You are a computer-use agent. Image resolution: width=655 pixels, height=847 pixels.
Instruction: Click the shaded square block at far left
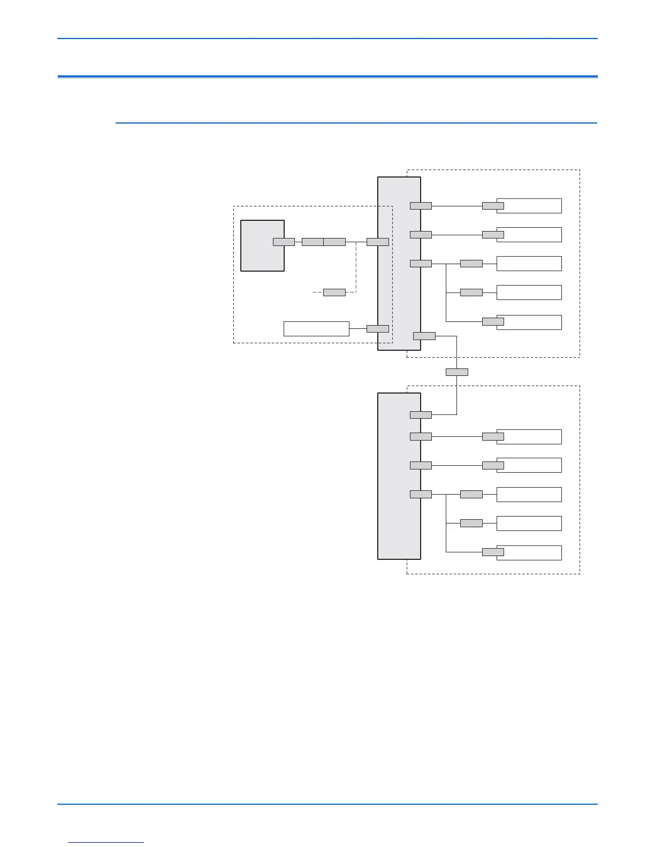(262, 245)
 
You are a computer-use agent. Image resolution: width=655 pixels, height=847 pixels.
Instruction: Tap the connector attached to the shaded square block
(284, 242)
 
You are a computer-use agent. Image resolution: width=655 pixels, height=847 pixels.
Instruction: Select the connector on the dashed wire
(334, 292)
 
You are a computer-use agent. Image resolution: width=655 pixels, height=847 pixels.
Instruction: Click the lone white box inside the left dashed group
(316, 328)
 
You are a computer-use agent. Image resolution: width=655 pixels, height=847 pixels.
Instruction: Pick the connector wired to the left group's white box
(377, 328)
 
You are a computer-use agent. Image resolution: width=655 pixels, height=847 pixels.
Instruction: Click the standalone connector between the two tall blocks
(456, 372)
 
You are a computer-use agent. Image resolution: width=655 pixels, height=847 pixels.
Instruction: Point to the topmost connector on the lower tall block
(421, 414)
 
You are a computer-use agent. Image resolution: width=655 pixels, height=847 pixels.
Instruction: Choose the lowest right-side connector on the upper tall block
(424, 336)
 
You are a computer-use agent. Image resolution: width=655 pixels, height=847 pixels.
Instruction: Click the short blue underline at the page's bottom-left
(106, 842)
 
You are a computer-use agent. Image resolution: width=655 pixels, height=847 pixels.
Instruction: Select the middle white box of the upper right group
(529, 263)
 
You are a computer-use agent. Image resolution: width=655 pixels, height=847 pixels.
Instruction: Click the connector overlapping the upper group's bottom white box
(493, 321)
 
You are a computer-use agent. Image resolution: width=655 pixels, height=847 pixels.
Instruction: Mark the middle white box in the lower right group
(529, 494)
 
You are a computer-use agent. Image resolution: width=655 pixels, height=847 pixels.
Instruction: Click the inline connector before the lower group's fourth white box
(471, 523)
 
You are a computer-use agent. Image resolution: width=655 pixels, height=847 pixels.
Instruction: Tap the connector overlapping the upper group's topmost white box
(493, 205)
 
